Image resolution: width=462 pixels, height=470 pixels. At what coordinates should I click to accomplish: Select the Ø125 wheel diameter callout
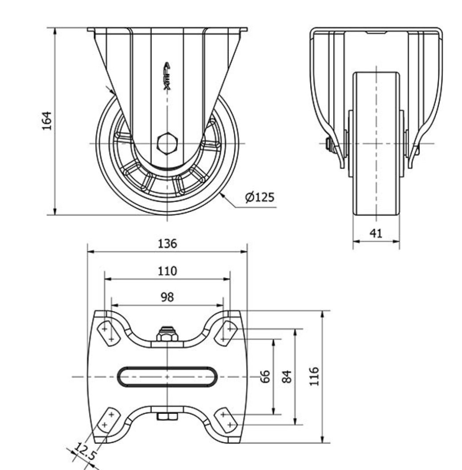[260, 197]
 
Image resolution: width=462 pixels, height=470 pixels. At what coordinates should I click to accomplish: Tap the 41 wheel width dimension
[376, 233]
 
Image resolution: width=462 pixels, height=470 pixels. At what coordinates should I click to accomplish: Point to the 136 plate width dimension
[167, 243]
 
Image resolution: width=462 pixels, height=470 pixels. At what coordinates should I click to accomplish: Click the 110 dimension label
[167, 270]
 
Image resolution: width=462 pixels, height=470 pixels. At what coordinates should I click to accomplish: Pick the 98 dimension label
[167, 297]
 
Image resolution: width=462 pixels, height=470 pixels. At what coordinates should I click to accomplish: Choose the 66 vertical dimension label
[265, 377]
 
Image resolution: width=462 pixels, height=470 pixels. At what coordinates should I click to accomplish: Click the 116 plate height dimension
[314, 376]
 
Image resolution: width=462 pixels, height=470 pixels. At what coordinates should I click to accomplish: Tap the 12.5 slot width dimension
[84, 453]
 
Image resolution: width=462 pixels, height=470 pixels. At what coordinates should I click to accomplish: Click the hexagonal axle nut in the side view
[167, 143]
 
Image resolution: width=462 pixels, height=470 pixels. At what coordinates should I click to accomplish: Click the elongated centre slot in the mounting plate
[167, 377]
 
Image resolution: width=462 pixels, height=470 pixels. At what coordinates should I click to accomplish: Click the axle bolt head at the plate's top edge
[167, 334]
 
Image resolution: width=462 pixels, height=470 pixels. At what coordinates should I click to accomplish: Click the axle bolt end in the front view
[329, 144]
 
